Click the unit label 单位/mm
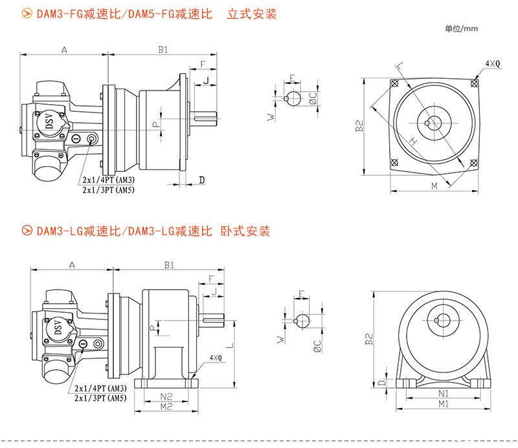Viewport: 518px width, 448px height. (x=461, y=28)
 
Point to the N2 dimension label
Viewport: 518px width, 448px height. (x=166, y=395)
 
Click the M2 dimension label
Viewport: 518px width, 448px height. (x=166, y=406)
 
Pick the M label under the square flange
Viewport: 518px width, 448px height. (x=434, y=186)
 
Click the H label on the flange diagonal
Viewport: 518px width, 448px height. (x=412, y=140)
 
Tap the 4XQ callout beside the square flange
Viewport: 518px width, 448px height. (x=493, y=63)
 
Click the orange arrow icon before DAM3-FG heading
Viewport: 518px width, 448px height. (x=27, y=14)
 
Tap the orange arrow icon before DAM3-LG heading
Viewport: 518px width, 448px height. (x=27, y=231)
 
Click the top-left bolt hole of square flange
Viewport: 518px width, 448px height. (x=394, y=83)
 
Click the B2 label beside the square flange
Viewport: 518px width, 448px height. (x=359, y=126)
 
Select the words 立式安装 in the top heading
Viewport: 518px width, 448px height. (x=252, y=14)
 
